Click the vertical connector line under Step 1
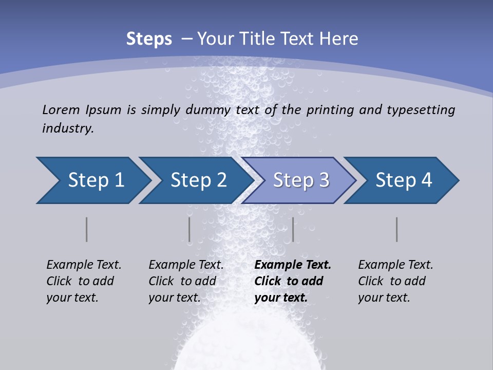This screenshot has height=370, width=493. (87, 229)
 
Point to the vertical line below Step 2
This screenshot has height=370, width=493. (189, 229)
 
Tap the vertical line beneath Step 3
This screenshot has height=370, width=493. (293, 229)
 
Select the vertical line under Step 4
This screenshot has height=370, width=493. (397, 229)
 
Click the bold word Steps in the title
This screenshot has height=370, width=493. (149, 39)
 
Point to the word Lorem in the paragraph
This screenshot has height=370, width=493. (61, 109)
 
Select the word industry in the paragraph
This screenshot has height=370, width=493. (68, 128)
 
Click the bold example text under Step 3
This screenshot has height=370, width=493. (293, 281)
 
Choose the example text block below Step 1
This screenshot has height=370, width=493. (84, 281)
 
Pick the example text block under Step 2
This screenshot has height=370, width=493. (186, 281)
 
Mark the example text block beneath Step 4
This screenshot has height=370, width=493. (395, 281)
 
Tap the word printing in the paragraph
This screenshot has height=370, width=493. (329, 110)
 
